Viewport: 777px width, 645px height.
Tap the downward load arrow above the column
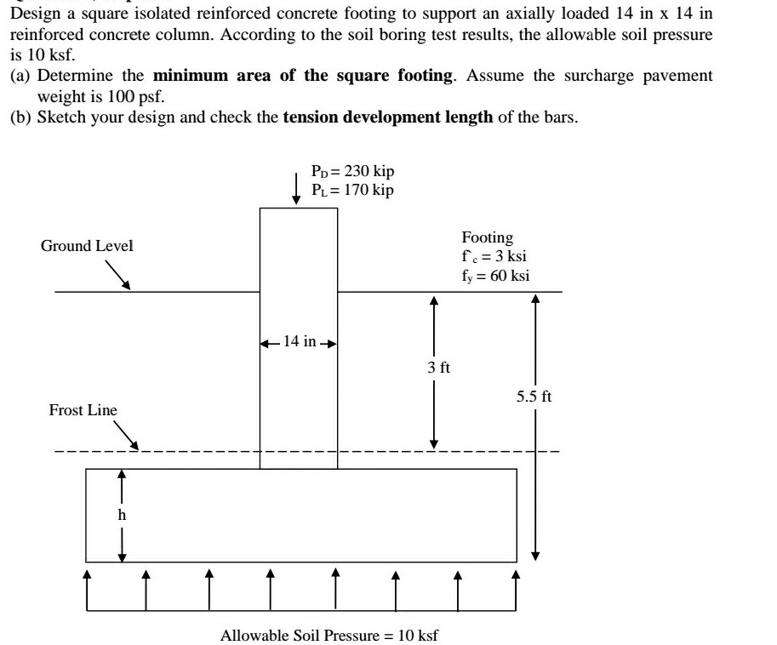[x=296, y=189]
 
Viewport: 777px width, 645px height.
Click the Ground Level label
[x=87, y=246]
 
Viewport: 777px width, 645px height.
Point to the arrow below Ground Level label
[x=117, y=275]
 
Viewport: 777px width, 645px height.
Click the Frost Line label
[x=83, y=410]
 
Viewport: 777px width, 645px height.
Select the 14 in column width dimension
[x=298, y=342]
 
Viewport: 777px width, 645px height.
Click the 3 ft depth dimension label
[x=439, y=368]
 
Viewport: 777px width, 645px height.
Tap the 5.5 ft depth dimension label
[x=534, y=397]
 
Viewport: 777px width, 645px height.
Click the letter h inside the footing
[x=122, y=514]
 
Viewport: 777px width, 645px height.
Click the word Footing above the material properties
[x=488, y=237]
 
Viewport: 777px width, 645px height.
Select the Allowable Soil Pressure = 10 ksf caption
[x=329, y=636]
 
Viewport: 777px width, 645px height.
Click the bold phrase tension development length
[x=387, y=117]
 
